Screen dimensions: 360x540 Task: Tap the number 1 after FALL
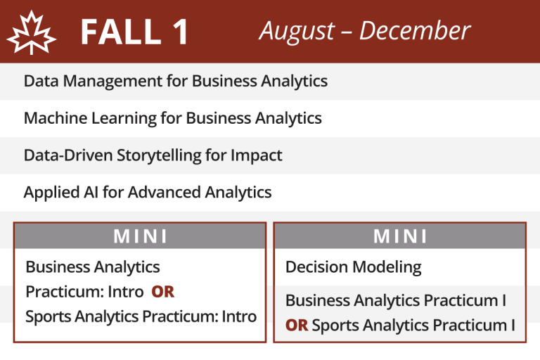[179, 32]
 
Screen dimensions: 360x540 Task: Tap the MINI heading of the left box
[140, 236]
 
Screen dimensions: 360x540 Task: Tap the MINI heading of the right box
[400, 236]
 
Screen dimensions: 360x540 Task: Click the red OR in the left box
[162, 292]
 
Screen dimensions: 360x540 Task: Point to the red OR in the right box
[297, 326]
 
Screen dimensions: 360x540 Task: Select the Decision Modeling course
[353, 267]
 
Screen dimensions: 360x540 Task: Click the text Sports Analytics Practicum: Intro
[141, 316]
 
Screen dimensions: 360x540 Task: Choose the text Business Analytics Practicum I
[396, 301]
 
